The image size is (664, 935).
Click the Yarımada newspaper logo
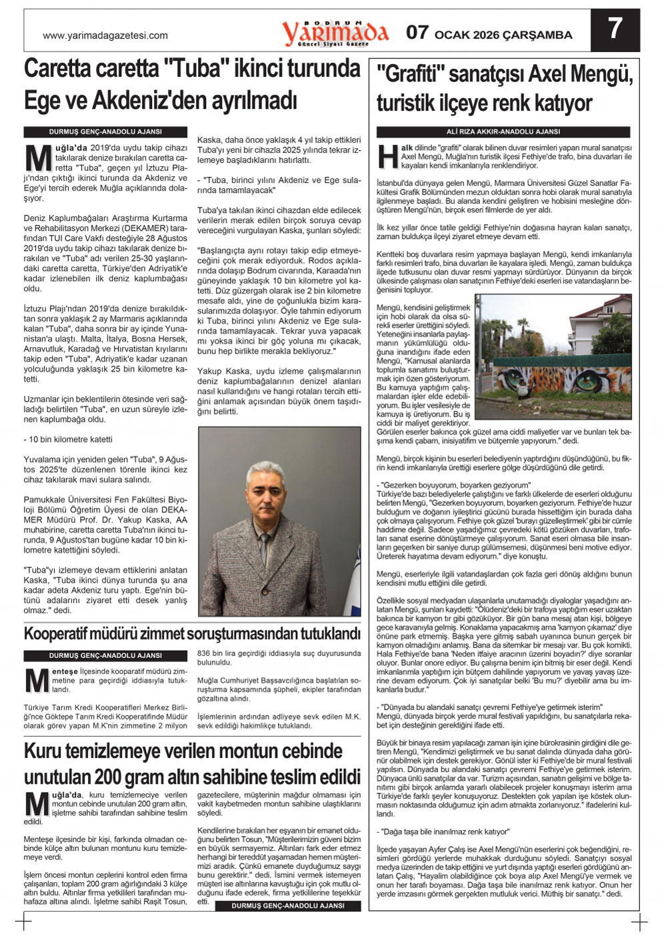pyautogui.click(x=335, y=32)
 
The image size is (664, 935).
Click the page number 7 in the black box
pyautogui.click(x=615, y=29)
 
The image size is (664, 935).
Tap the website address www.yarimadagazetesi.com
pyautogui.click(x=105, y=36)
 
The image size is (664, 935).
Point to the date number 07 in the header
pyautogui.click(x=418, y=33)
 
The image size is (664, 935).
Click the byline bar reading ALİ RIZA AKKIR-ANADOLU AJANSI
pyautogui.click(x=503, y=132)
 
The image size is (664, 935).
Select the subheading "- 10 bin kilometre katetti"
pyautogui.click(x=68, y=440)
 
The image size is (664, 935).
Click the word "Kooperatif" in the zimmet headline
pyautogui.click(x=67, y=633)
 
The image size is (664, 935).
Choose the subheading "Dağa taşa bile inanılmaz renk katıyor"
pyautogui.click(x=443, y=832)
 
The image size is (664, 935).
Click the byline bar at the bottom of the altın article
pyautogui.click(x=288, y=906)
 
